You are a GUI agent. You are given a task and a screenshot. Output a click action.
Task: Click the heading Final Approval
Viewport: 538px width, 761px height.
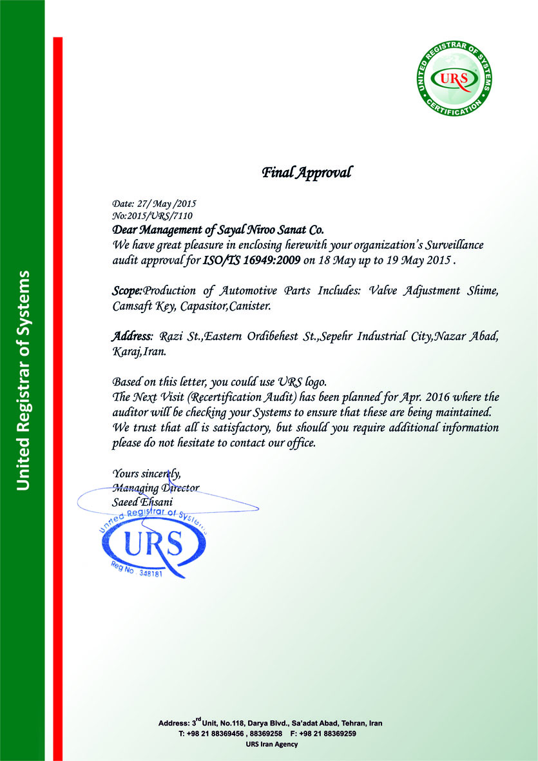click(x=307, y=173)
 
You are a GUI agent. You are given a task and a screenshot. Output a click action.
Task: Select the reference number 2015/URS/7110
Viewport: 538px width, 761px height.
click(x=159, y=215)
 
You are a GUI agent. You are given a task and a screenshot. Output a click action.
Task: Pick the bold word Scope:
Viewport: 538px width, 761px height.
click(x=127, y=291)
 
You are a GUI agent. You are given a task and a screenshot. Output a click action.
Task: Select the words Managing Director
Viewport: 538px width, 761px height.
click(x=155, y=488)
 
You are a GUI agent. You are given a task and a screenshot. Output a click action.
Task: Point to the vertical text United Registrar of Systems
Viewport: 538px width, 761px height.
click(x=23, y=380)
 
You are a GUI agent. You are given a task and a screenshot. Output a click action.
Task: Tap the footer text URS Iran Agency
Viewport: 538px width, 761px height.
click(x=272, y=744)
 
